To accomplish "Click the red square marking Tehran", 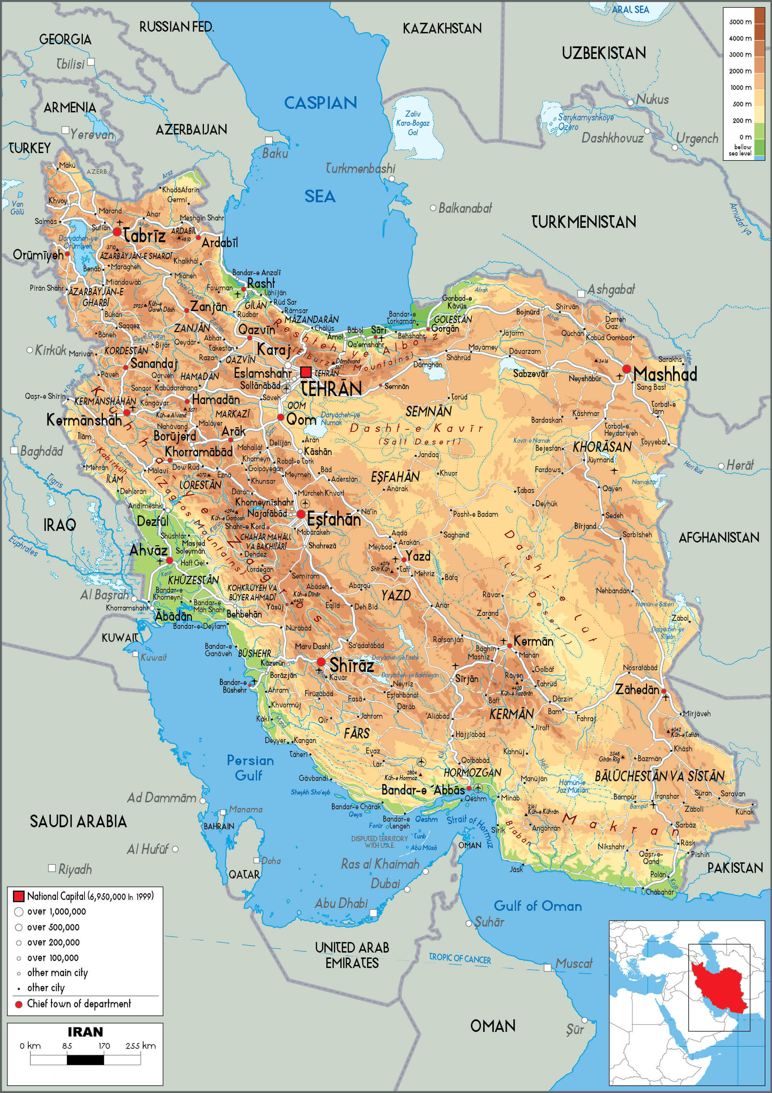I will point(306,372).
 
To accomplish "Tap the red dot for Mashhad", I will point(626,369).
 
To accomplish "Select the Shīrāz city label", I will point(352,665).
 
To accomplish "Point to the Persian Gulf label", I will point(250,768).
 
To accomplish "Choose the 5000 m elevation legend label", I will point(740,22).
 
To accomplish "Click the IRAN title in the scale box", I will point(85,1032).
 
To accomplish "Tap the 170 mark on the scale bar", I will point(104,1045).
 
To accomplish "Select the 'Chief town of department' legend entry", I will point(79,1003).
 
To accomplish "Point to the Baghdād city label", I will point(41,451).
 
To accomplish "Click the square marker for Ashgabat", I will point(581,294).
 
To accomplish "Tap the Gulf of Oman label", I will point(538,906).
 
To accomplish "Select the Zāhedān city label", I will point(637,689).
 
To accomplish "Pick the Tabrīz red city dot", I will point(117,232).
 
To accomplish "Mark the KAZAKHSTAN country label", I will point(442,28).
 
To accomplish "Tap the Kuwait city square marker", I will point(135,654).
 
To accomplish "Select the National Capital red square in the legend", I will point(18,896).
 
